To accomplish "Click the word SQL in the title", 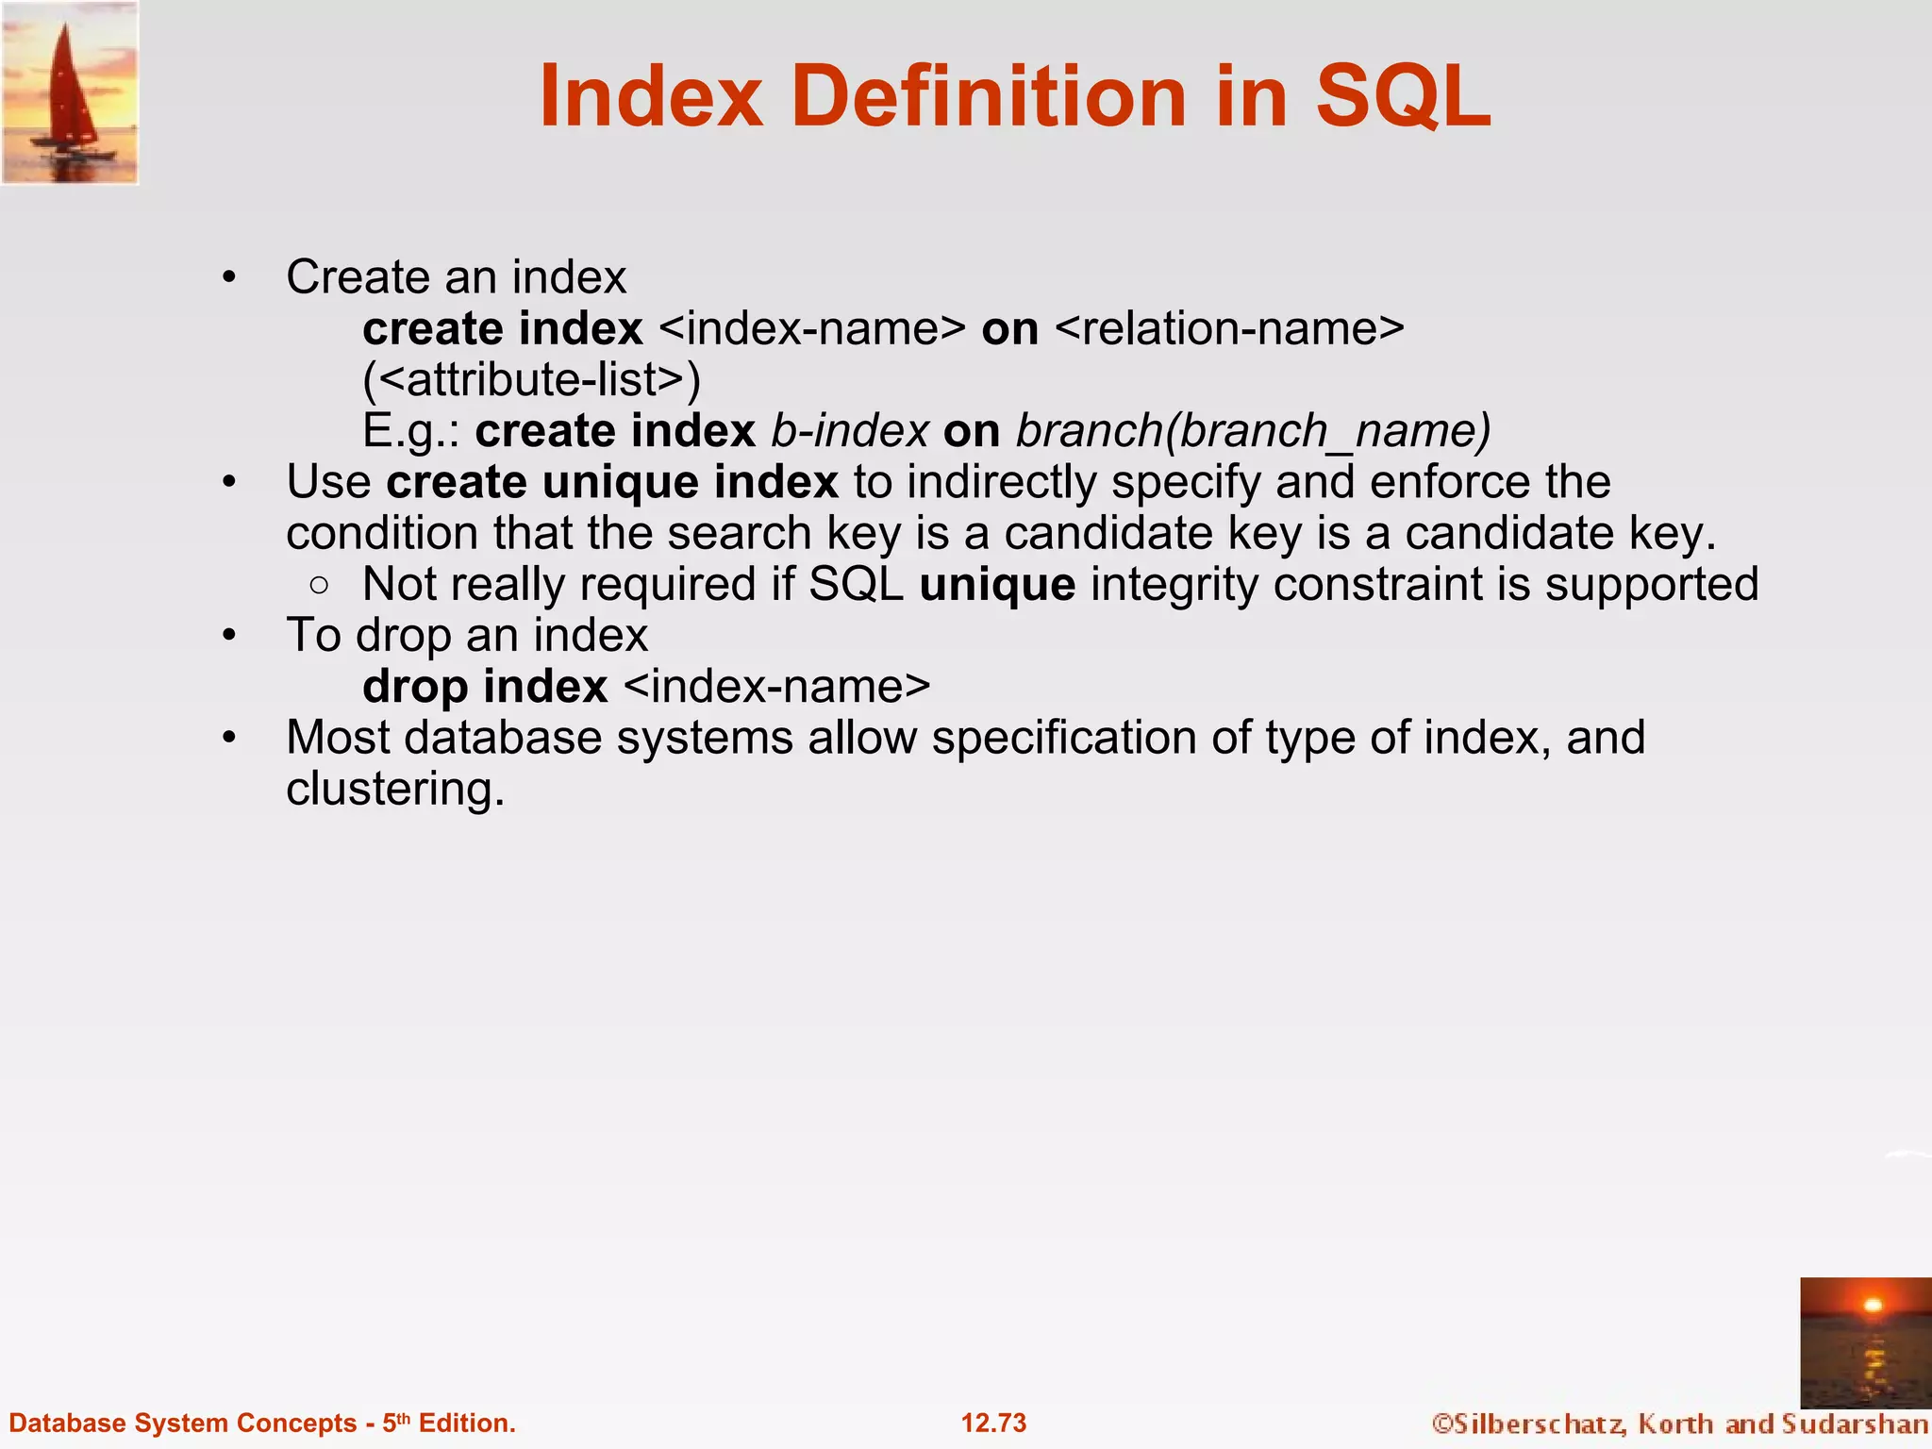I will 1404,96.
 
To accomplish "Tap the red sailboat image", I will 70,92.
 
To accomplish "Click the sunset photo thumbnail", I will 1865,1342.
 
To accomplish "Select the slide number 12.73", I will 993,1423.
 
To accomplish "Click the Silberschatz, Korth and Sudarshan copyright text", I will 1679,1423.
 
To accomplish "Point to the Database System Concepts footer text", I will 262,1423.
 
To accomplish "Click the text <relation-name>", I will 1229,328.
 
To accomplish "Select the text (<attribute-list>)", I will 532,379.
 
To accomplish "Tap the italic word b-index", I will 850,431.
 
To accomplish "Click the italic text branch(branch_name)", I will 1253,431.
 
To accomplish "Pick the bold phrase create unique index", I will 611,482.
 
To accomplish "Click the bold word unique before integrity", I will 997,584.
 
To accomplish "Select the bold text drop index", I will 485,686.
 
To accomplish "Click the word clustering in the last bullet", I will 394,789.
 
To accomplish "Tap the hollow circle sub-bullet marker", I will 319,585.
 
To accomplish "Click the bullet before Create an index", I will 229,278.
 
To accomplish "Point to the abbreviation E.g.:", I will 410,431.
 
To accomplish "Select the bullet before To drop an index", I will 229,636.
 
